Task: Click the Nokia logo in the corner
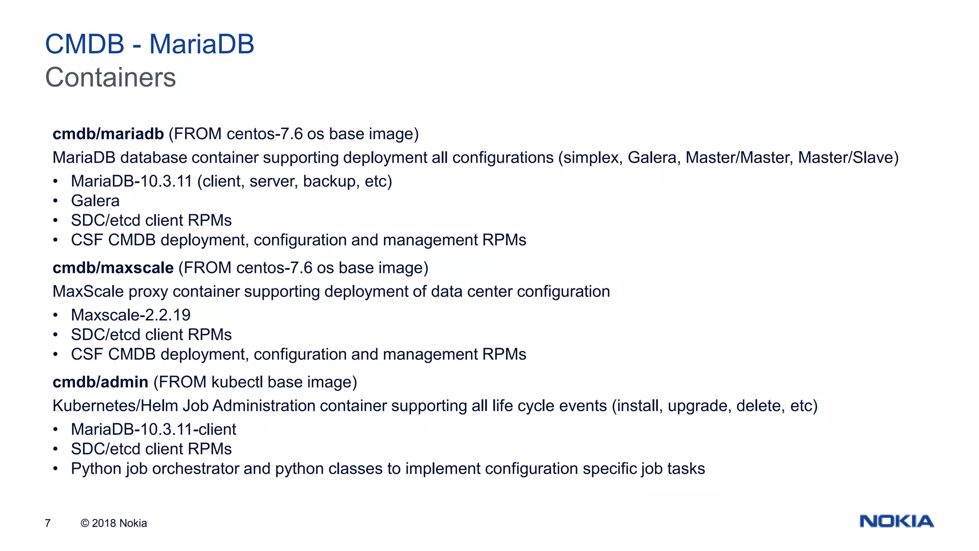pos(896,521)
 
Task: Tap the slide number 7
pos(48,523)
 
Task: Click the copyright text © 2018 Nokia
pos(114,523)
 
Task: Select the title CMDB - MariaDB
pos(150,44)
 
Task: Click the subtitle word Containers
pos(110,77)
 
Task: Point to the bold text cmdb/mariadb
pos(108,134)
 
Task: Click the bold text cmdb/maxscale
pos(113,268)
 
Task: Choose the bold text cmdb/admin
pos(100,382)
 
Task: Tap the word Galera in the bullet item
pos(95,201)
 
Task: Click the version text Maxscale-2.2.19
pos(131,315)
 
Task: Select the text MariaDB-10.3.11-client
pos(153,430)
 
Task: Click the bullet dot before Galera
pos(55,201)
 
